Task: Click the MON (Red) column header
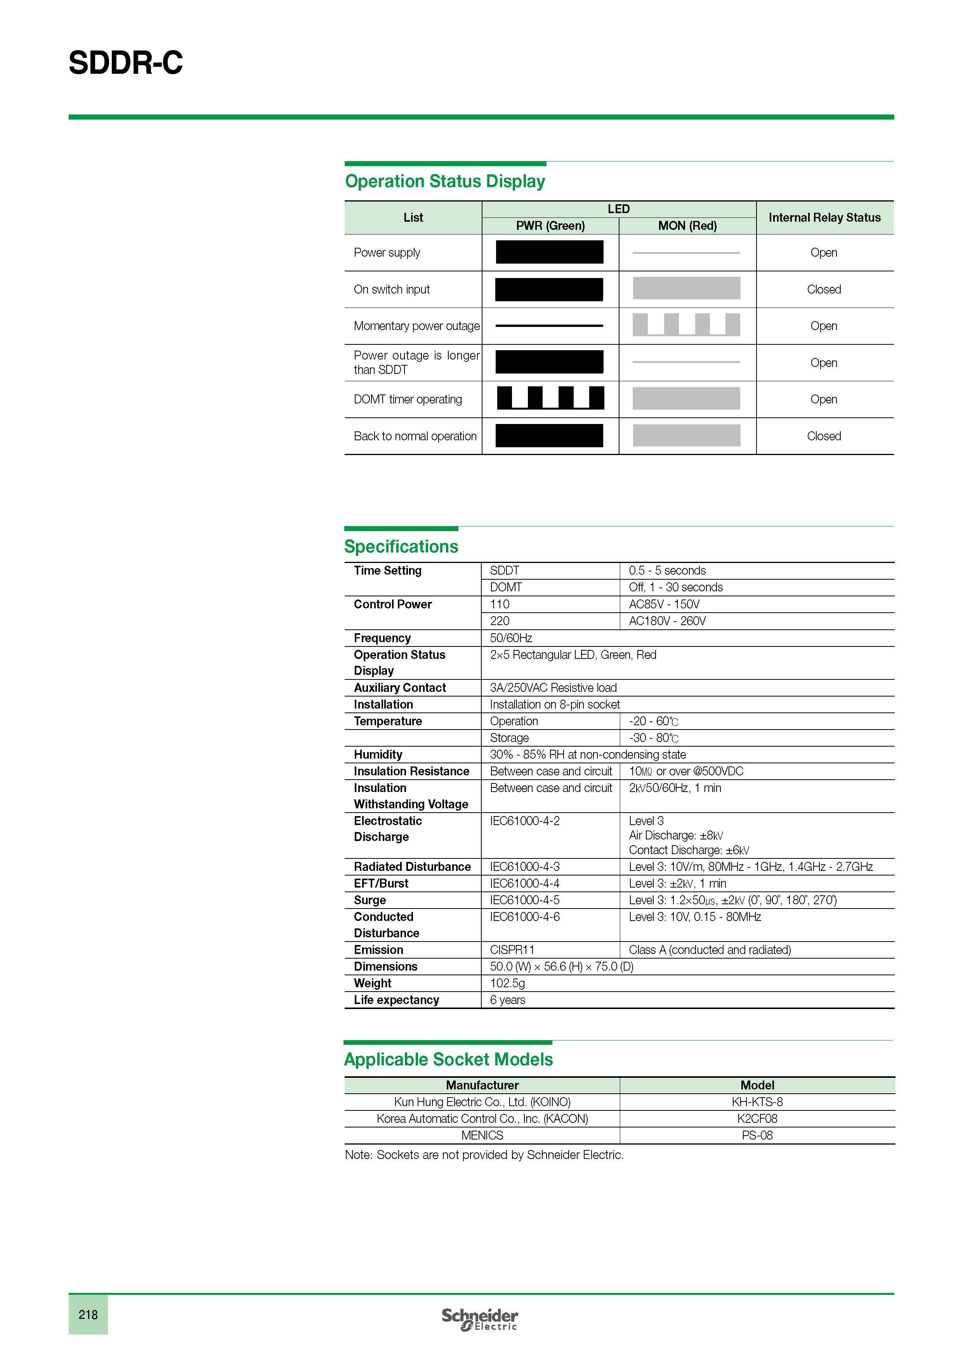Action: tap(687, 226)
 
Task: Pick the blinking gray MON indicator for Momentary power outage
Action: tap(686, 325)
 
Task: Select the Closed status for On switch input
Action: tap(824, 290)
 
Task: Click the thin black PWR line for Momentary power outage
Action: tap(549, 326)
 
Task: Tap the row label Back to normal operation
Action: tap(415, 436)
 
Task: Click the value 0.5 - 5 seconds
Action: tap(667, 571)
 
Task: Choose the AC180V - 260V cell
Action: tap(667, 621)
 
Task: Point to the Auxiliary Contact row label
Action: tap(400, 688)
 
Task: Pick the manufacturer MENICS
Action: tap(482, 1135)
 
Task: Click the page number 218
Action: tap(88, 1315)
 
